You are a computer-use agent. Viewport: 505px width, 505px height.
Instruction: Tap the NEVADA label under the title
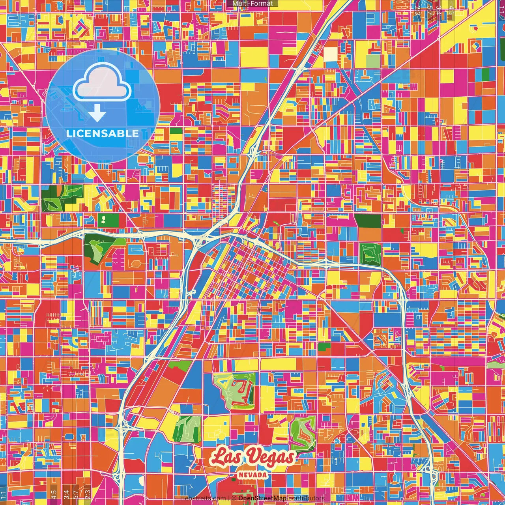(x=252, y=475)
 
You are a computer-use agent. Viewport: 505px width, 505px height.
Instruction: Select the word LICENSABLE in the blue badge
(x=103, y=133)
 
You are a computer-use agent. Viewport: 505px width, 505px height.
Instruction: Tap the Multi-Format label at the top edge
(x=252, y=4)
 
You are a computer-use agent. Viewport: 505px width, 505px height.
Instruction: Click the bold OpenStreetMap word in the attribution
(x=262, y=498)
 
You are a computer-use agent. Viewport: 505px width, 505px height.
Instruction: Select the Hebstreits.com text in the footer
(x=203, y=498)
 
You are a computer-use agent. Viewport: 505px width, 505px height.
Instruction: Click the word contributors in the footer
(x=306, y=498)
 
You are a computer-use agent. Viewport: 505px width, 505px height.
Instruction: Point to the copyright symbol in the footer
(x=234, y=498)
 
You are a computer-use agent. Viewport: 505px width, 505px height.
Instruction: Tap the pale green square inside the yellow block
(x=372, y=61)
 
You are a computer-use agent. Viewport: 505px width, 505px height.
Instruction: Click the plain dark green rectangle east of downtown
(x=367, y=221)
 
